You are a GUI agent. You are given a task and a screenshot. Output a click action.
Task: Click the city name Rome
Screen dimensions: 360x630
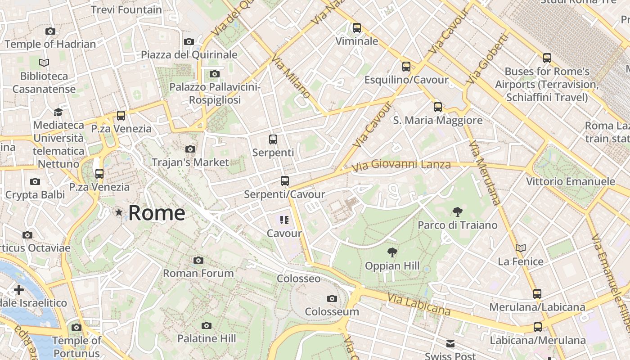(x=156, y=213)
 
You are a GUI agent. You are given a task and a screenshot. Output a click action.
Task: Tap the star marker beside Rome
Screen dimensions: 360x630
(x=119, y=212)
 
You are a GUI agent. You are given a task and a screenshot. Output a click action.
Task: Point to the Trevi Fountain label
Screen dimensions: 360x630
(x=126, y=9)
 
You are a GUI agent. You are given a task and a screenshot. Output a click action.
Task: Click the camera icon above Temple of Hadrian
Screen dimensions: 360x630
(x=50, y=31)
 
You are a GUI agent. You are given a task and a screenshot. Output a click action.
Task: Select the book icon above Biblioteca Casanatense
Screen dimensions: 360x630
(x=44, y=63)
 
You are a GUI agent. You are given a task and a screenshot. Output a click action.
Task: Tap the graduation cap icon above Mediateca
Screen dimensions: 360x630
(x=58, y=112)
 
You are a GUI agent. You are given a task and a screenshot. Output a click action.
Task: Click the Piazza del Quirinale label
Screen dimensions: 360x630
(x=189, y=54)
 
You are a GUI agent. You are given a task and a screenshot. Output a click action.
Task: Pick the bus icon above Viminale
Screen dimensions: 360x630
(x=357, y=28)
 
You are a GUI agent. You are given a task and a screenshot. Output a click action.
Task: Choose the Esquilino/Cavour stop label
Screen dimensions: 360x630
(x=406, y=80)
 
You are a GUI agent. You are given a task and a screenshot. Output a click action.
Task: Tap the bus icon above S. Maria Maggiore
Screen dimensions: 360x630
(x=438, y=107)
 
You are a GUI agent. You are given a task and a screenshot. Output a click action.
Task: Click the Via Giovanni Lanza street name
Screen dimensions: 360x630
(x=401, y=166)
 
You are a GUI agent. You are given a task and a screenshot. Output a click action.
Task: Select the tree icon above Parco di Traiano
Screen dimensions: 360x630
(x=458, y=212)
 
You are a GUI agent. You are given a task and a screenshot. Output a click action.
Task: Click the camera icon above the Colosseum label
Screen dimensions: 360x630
(x=332, y=298)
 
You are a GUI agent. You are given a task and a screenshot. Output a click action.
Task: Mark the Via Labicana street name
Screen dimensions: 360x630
(x=418, y=304)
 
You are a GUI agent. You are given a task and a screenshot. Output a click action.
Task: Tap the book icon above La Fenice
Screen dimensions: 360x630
(x=521, y=248)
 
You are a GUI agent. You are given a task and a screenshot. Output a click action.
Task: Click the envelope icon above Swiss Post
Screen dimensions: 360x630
(x=450, y=344)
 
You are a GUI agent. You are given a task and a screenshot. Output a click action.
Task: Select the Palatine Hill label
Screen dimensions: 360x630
(x=207, y=338)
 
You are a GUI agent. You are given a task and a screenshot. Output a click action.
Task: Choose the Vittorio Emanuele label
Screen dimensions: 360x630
(x=571, y=181)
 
